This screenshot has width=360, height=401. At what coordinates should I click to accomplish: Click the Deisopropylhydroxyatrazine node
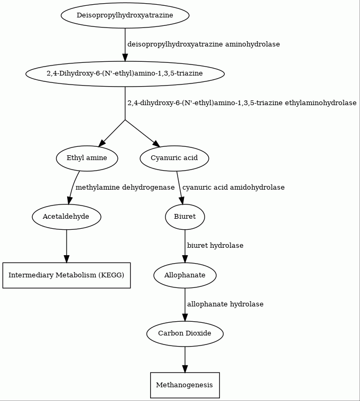(x=125, y=15)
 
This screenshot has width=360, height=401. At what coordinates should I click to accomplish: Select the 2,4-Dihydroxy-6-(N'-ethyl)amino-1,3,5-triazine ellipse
(x=125, y=73)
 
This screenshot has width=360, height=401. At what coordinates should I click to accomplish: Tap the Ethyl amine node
(x=87, y=158)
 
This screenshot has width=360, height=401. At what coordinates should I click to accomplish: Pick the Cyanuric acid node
(x=174, y=158)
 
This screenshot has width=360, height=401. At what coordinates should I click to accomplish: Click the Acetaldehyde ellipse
(x=67, y=217)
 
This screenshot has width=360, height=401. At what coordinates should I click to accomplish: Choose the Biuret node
(x=184, y=217)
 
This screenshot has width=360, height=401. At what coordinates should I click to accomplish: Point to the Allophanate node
(x=184, y=275)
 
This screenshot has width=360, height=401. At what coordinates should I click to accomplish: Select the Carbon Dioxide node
(x=184, y=334)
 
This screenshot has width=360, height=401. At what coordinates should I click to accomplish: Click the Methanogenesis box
(x=184, y=385)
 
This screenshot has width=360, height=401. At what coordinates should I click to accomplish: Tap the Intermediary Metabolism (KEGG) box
(x=67, y=275)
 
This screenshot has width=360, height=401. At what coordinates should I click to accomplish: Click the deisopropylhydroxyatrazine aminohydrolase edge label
(x=204, y=44)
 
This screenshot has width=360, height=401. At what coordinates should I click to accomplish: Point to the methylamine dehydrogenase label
(x=125, y=188)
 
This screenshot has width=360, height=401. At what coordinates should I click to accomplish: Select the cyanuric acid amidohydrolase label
(x=233, y=188)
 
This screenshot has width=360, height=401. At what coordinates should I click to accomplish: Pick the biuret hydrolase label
(x=215, y=246)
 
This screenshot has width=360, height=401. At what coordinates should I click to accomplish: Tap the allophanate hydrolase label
(x=225, y=304)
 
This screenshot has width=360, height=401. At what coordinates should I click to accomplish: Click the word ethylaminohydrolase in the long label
(x=320, y=103)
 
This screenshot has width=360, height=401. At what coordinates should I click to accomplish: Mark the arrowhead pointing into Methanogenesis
(x=184, y=369)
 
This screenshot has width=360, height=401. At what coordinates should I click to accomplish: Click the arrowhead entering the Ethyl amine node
(x=101, y=143)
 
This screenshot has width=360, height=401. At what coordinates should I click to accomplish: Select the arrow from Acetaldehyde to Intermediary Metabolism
(x=67, y=246)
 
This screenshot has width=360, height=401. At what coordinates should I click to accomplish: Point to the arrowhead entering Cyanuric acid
(x=156, y=144)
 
